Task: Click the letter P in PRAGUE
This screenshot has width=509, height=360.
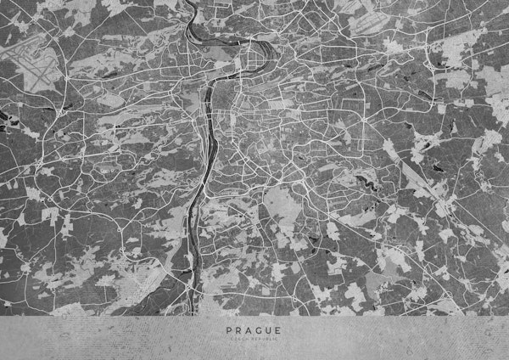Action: pyautogui.click(x=228, y=329)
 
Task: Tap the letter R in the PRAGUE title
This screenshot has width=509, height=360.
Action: pyautogui.click(x=238, y=329)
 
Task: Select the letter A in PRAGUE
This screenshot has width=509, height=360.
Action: pyautogui.click(x=248, y=329)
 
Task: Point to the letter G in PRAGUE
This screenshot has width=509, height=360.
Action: pyautogui.click(x=258, y=329)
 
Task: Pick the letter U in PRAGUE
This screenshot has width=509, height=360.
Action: pyautogui.click(x=268, y=329)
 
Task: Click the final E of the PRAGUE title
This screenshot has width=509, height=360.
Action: pyautogui.click(x=278, y=329)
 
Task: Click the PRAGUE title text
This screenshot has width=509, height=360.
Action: pyautogui.click(x=253, y=329)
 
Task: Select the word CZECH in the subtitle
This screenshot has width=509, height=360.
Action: pyautogui.click(x=241, y=339)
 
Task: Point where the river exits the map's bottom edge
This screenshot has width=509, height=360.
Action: pyautogui.click(x=188, y=312)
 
